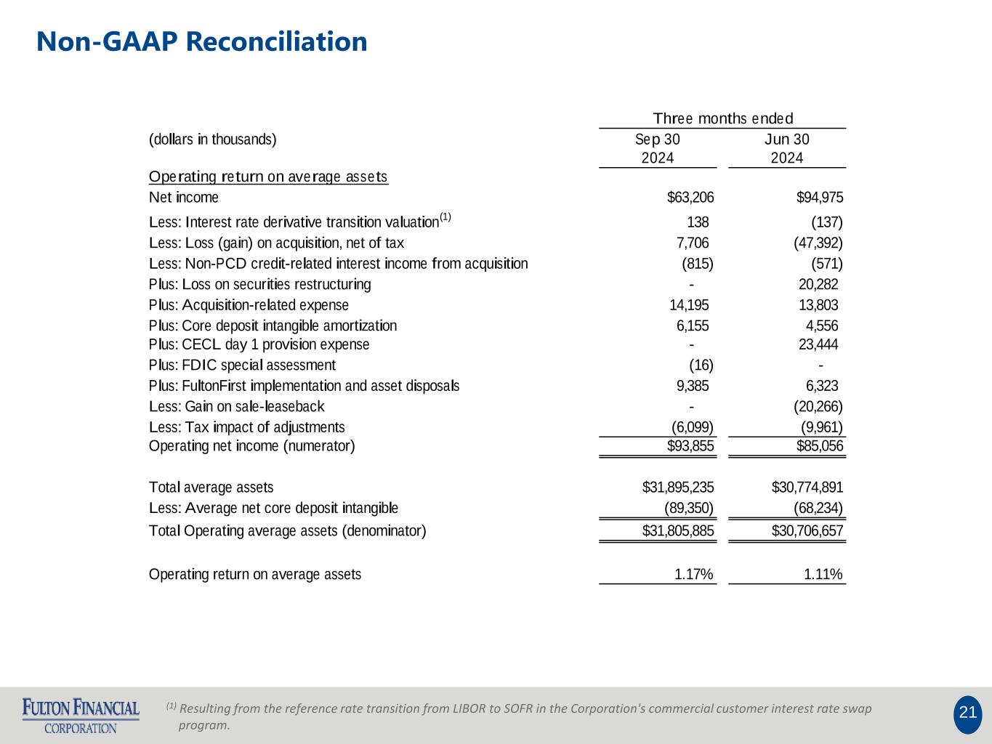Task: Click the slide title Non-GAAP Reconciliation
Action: (x=202, y=42)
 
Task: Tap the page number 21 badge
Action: (x=967, y=713)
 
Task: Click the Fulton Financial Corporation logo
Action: (x=81, y=715)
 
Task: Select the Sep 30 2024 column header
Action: (x=658, y=148)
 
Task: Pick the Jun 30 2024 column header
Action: (x=787, y=148)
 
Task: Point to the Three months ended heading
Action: (x=722, y=118)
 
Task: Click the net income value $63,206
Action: (x=690, y=198)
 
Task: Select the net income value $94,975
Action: (x=820, y=198)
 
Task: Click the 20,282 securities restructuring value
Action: (x=818, y=284)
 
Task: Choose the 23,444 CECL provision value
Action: (x=818, y=344)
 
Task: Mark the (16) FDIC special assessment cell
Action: (x=701, y=365)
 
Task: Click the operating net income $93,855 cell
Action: (x=690, y=446)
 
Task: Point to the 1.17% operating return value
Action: (x=693, y=575)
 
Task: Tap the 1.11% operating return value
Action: (x=823, y=575)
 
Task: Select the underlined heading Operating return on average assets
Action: (x=268, y=177)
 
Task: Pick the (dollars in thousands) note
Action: (x=213, y=139)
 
